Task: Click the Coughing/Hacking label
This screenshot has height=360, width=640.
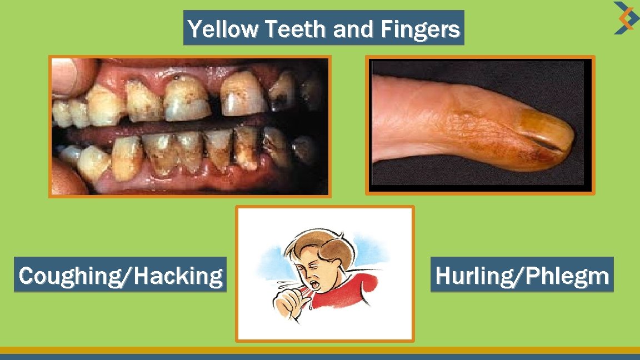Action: click(x=121, y=275)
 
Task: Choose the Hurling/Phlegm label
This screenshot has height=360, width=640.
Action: click(x=522, y=275)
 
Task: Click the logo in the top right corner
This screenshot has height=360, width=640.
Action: click(x=623, y=17)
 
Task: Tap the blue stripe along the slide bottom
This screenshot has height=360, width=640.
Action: click(x=320, y=357)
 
